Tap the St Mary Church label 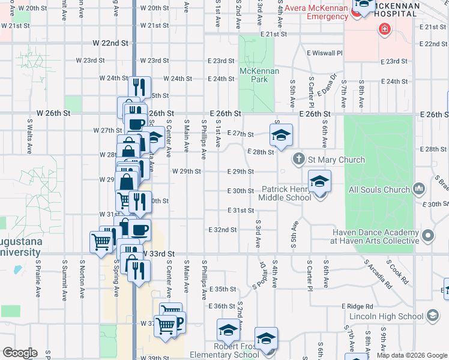click(x=336, y=160)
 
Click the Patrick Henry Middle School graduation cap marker click(x=320, y=181)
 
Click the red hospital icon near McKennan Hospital click(x=384, y=28)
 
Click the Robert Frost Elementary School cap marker click(x=228, y=330)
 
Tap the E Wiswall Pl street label click(x=324, y=53)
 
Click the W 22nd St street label click(x=111, y=44)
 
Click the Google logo click(x=20, y=353)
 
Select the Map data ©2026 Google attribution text click(x=411, y=355)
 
